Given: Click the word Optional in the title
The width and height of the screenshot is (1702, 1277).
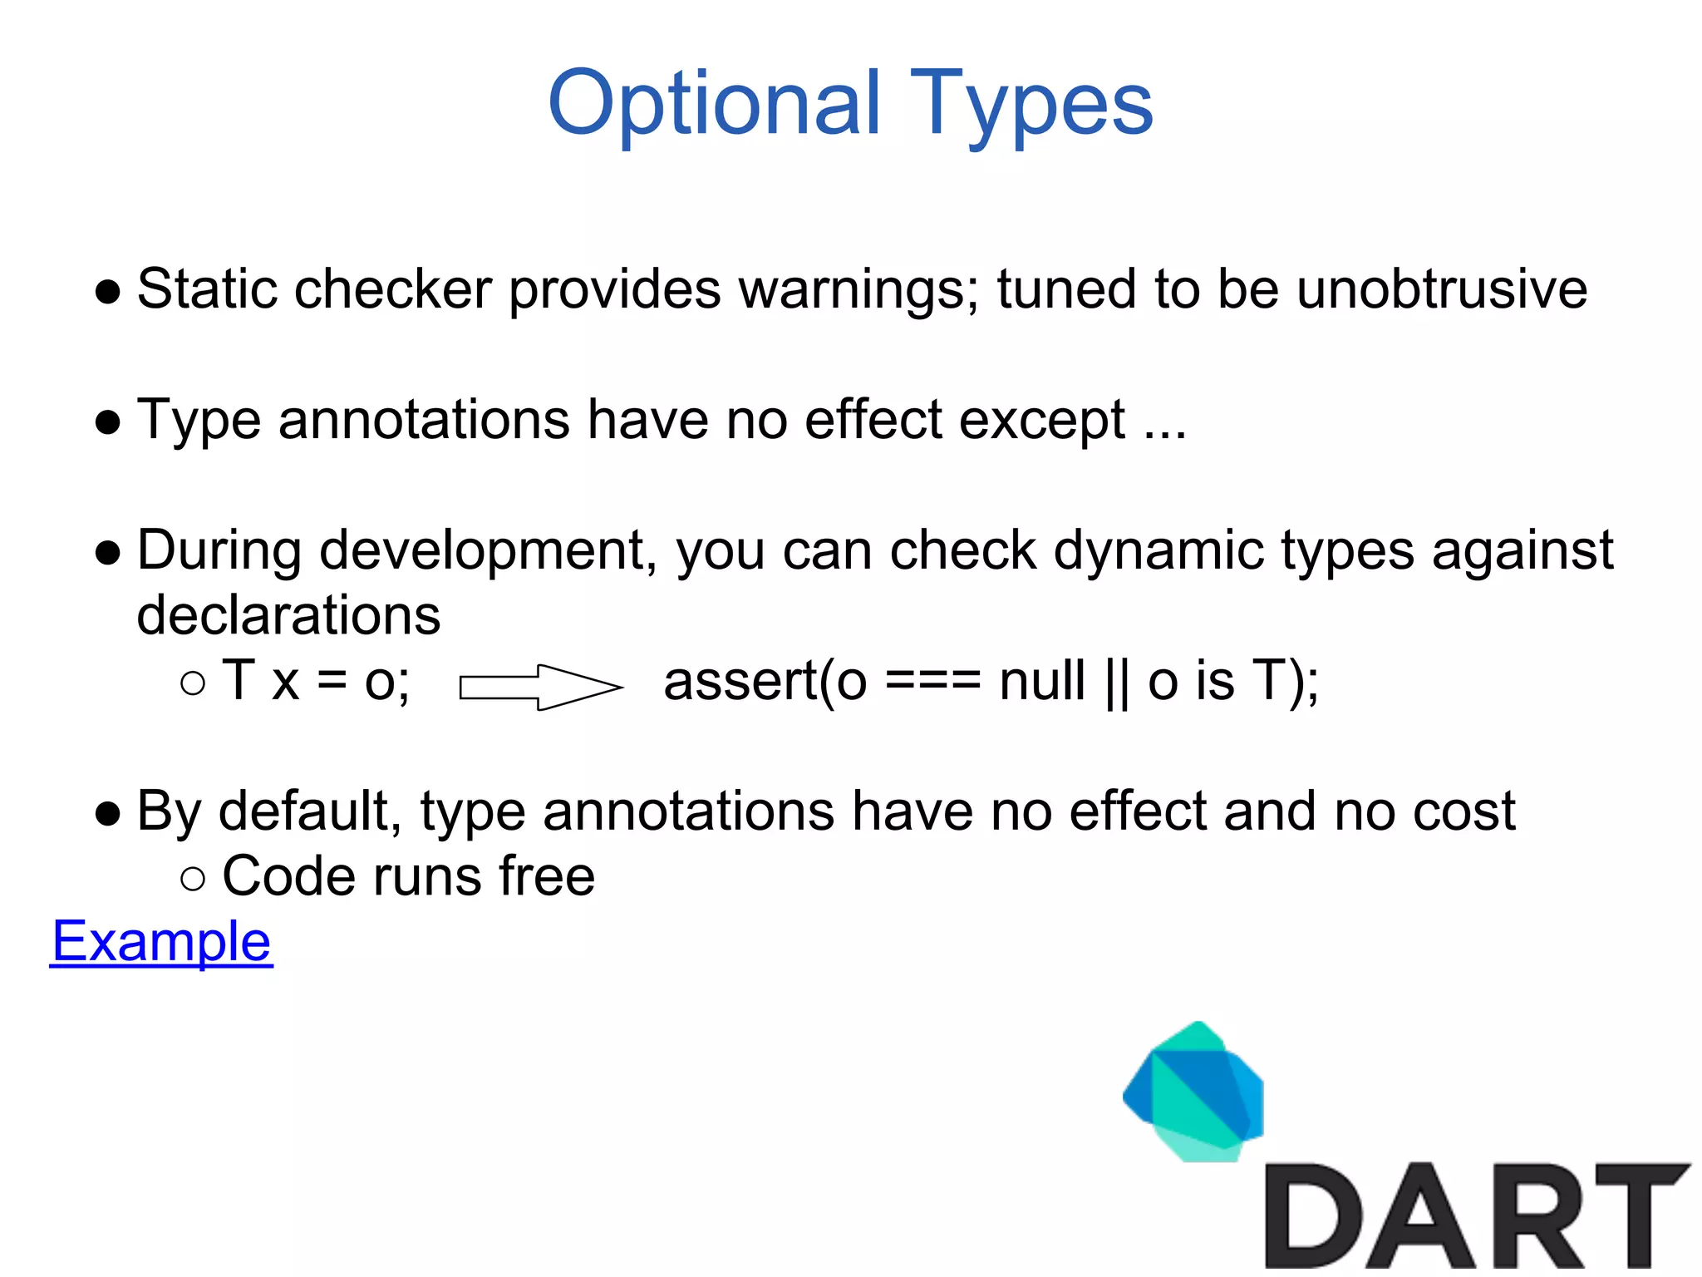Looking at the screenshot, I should (713, 103).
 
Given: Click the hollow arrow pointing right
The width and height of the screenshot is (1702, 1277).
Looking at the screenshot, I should (540, 687).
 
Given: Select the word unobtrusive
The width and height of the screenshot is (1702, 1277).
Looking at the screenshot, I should (1441, 289).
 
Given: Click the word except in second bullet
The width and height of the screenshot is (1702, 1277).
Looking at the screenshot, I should (1042, 420).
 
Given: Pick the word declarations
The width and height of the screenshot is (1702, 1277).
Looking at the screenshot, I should (288, 615).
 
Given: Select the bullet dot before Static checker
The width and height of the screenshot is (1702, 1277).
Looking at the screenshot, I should (108, 292).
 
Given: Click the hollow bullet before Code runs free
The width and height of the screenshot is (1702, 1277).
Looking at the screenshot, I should (192, 879).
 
